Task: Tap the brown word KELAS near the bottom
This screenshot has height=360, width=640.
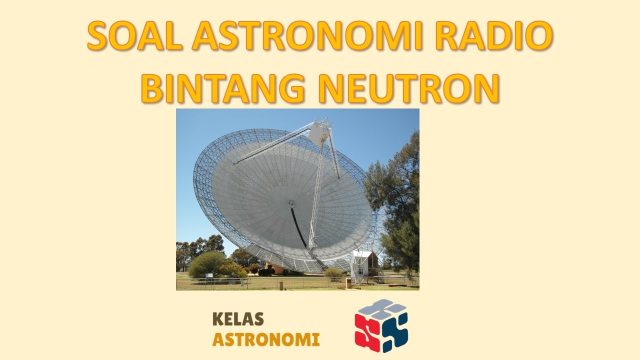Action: (238, 319)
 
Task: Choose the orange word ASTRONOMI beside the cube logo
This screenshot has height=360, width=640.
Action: (266, 340)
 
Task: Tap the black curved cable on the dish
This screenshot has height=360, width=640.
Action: (298, 229)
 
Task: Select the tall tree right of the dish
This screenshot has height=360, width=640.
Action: (397, 200)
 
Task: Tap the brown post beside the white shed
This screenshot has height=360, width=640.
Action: (348, 282)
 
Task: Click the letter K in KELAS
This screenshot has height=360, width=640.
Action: (217, 319)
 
